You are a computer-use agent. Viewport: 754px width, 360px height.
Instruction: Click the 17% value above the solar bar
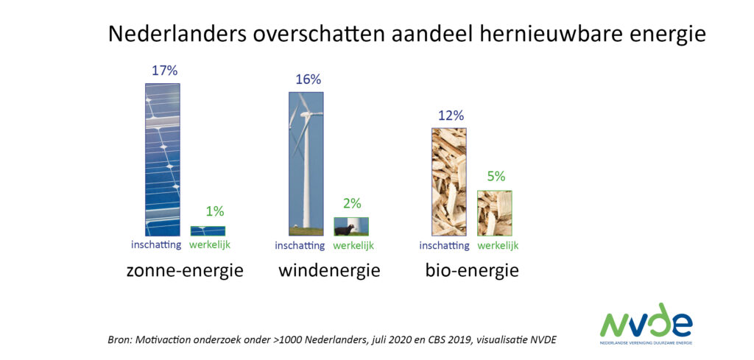click(165, 71)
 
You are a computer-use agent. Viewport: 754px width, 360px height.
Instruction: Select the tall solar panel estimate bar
click(163, 160)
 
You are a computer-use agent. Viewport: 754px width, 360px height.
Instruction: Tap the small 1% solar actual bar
click(208, 230)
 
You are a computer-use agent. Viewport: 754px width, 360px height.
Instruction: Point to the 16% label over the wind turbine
click(309, 80)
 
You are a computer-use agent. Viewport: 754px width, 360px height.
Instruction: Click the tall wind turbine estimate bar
click(306, 163)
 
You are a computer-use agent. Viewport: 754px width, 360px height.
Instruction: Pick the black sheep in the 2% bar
click(343, 230)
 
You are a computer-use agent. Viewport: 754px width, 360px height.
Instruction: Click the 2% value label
click(352, 204)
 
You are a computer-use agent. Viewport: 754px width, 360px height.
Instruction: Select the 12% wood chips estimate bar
click(449, 182)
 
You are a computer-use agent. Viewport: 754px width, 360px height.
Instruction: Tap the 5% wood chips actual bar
click(494, 213)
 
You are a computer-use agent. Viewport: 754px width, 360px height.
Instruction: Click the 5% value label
click(496, 177)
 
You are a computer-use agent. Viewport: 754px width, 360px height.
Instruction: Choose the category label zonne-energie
click(185, 271)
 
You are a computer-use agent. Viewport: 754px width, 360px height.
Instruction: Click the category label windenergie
click(329, 271)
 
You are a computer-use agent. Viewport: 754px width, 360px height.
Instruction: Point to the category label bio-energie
click(472, 271)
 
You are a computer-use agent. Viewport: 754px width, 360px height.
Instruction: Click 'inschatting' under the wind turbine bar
click(300, 246)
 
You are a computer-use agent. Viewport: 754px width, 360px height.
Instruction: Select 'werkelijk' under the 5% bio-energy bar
click(498, 246)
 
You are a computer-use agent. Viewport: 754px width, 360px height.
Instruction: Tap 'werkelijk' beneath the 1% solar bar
click(210, 244)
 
